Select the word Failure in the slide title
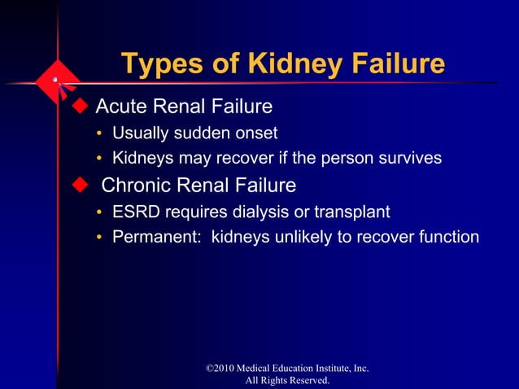coord(391,64)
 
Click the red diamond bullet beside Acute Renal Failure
coord(79,106)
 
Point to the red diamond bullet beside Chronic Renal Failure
coord(79,184)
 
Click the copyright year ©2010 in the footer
coord(225,369)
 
